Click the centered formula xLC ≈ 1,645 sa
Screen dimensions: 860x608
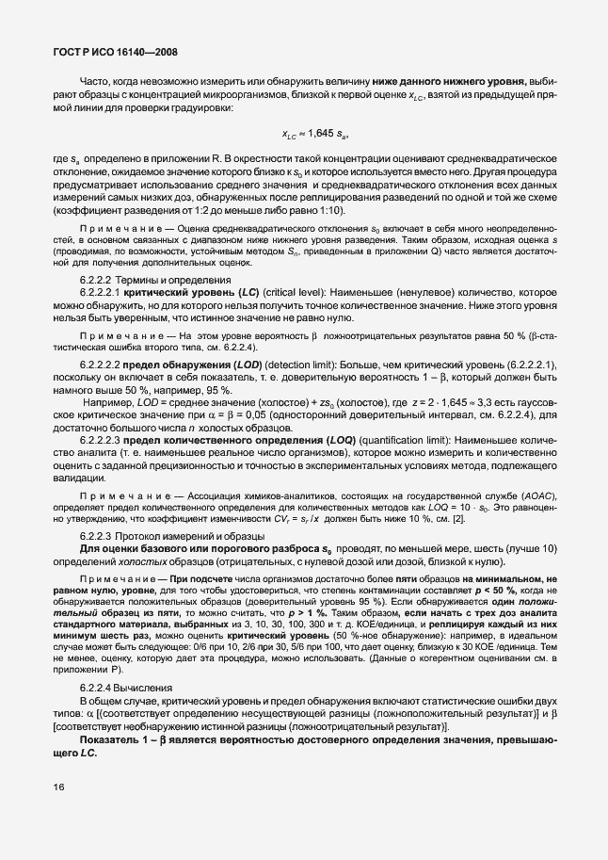[322, 135]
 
